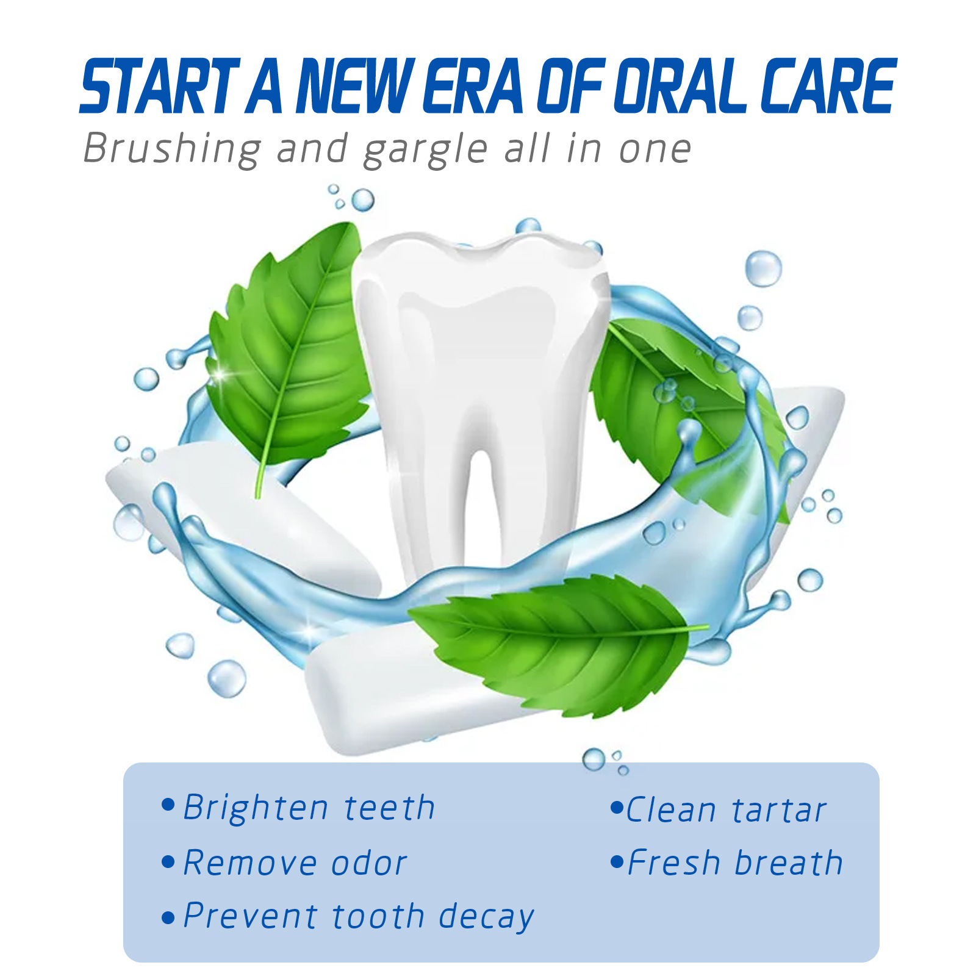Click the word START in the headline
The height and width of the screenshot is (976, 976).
pos(160,86)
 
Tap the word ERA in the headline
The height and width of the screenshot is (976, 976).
pos(473,86)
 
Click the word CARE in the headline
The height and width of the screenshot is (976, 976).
pos(828,86)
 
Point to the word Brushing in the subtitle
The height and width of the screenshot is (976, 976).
pos(172,149)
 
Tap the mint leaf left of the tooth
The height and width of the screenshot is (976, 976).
pos(287,354)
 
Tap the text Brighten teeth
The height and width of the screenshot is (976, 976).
pos(309,808)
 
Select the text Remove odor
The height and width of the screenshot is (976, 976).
pos(295,863)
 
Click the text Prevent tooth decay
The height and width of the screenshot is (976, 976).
pos(359,917)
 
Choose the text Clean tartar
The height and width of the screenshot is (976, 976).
pos(726,810)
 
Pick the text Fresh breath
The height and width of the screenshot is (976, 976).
pos(735,863)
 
